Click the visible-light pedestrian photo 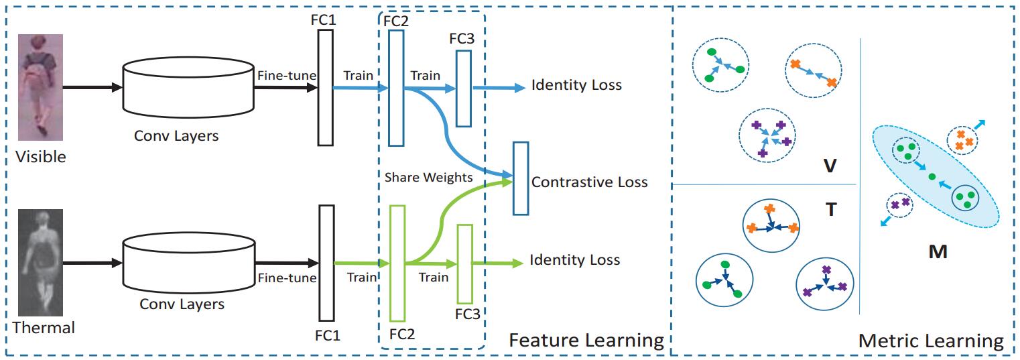(x=40, y=88)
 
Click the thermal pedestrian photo (x=40, y=263)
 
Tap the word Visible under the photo (x=41, y=157)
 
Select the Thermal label (x=44, y=328)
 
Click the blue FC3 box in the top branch (x=464, y=88)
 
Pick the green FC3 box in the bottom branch (x=465, y=264)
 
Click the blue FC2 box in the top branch (x=396, y=88)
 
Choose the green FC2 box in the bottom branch (x=397, y=263)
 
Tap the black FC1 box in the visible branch (x=326, y=88)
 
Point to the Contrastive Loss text (x=589, y=182)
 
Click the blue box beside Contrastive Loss (x=521, y=178)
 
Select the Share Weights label (x=428, y=177)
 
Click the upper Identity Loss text (x=576, y=84)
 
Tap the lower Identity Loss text (x=574, y=259)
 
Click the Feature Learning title (x=586, y=341)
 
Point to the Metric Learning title (x=931, y=341)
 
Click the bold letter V (x=830, y=166)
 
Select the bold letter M (x=938, y=251)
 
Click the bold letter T (x=831, y=210)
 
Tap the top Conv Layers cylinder (x=188, y=88)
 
